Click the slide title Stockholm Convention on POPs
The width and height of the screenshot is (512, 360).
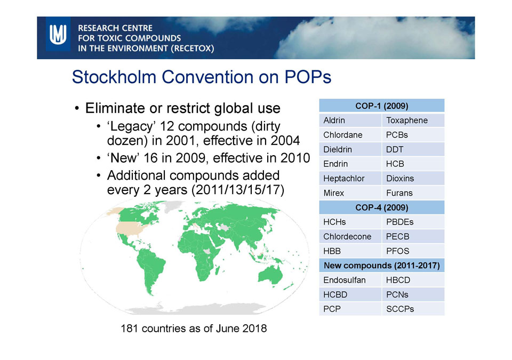202,77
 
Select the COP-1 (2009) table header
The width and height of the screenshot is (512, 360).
381,106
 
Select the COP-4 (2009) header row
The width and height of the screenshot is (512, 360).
381,207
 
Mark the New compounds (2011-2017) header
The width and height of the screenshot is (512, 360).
381,265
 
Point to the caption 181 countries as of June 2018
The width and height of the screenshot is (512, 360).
194,328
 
